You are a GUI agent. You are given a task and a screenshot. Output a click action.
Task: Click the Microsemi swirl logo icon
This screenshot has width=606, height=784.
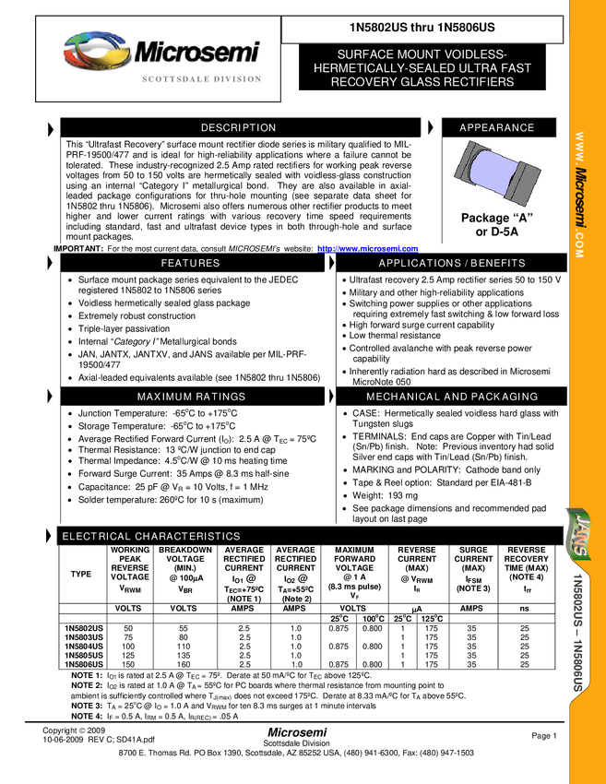point(95,52)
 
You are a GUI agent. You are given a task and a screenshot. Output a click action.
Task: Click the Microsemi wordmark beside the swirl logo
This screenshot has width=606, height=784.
point(197,53)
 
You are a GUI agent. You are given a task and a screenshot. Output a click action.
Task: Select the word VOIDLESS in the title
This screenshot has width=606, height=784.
point(469,54)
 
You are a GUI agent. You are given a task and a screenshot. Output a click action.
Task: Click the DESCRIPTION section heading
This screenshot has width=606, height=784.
point(238,128)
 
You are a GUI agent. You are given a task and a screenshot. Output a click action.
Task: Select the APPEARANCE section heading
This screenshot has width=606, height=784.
point(496,128)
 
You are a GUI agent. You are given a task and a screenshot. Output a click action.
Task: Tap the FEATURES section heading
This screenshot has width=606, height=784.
point(190,264)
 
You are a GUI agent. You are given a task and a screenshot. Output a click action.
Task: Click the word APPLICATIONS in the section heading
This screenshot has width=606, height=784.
point(420,264)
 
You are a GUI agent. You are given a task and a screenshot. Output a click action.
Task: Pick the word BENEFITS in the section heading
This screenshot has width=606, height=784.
point(498,264)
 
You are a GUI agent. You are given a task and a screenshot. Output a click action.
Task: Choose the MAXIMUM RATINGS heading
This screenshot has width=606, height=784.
point(191,398)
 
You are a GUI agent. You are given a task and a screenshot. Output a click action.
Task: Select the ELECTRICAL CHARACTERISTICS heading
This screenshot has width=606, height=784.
point(150,537)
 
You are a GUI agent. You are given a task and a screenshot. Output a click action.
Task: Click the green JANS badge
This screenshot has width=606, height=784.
point(578,533)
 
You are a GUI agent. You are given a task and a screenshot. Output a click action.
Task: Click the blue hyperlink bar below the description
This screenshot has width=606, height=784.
point(367,249)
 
